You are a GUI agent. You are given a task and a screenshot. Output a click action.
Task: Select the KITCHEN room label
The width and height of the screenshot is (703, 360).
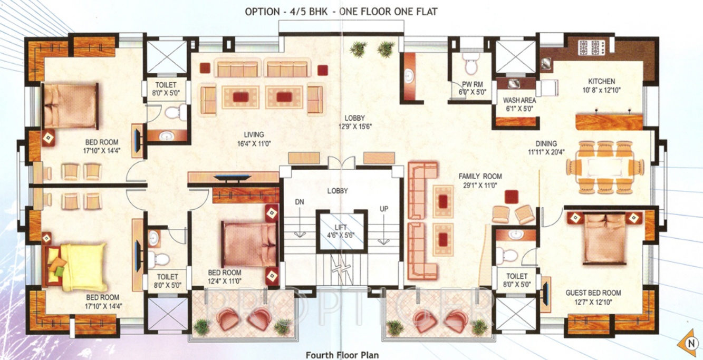click(x=602, y=82)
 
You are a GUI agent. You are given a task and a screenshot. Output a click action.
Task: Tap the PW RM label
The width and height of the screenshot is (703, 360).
click(x=469, y=84)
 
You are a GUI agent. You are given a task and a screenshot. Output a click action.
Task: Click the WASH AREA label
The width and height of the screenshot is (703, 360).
click(x=519, y=100)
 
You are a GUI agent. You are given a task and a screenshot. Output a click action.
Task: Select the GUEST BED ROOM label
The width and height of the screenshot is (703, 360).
click(x=593, y=293)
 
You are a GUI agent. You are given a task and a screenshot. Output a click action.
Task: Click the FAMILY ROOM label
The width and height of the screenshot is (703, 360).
click(x=480, y=177)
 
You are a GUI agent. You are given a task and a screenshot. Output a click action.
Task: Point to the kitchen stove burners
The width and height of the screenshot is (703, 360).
click(x=589, y=47)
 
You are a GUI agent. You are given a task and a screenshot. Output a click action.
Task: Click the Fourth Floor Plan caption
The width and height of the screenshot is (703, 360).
click(x=342, y=355)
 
